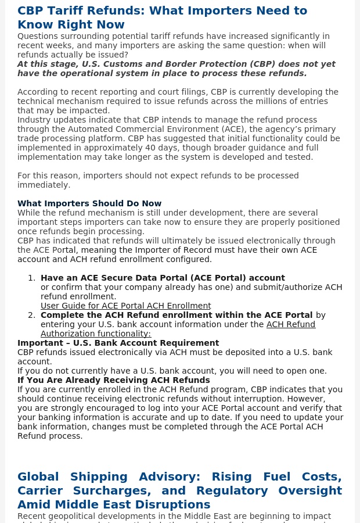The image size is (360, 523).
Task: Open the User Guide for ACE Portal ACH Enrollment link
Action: click(125, 306)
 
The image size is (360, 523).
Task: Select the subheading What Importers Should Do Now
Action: click(89, 203)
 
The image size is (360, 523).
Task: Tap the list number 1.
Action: click(31, 278)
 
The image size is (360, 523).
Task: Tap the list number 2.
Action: click(31, 315)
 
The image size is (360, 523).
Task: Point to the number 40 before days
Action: click(136, 148)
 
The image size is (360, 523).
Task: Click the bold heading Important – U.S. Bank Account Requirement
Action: click(118, 343)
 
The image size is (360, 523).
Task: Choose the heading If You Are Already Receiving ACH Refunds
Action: click(114, 380)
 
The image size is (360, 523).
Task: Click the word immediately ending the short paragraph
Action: click(44, 185)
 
